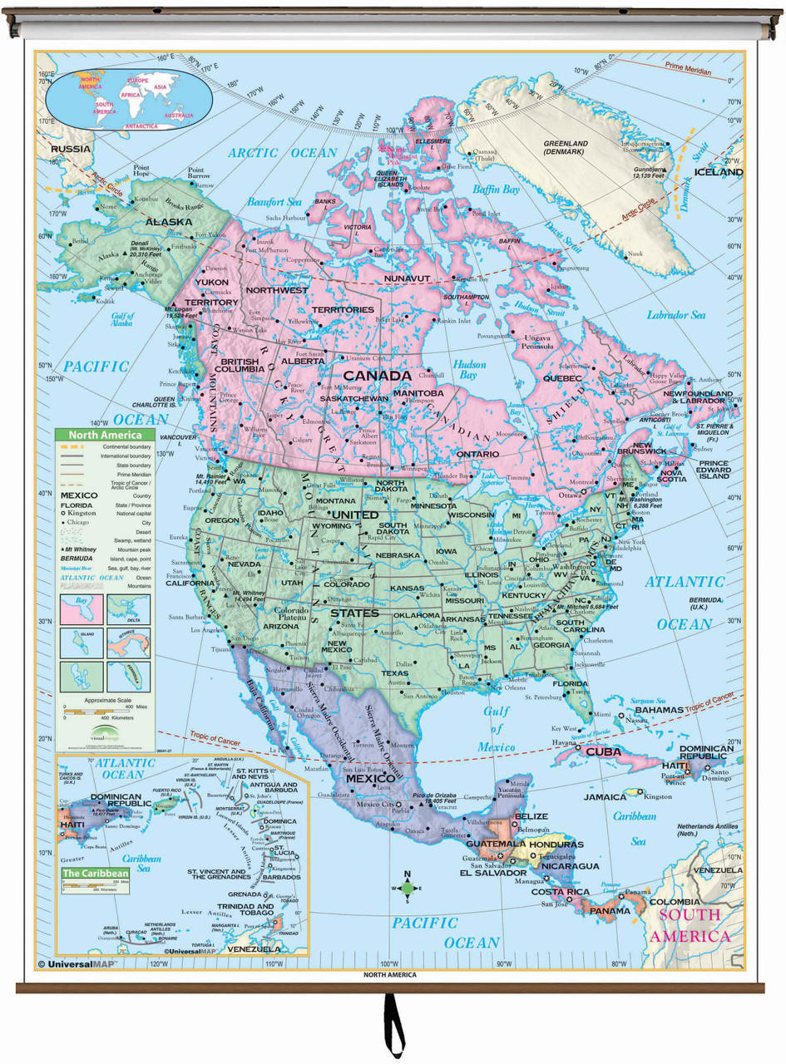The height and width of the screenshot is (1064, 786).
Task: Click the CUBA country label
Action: coord(604,751)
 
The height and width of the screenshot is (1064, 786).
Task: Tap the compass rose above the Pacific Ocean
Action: coord(407,888)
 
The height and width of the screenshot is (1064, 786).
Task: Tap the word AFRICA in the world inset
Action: coord(106,96)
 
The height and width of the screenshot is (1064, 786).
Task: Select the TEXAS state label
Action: coord(394,673)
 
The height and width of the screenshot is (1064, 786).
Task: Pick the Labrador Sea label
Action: coord(675,315)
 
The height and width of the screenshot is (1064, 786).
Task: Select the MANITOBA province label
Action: coord(417,392)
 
